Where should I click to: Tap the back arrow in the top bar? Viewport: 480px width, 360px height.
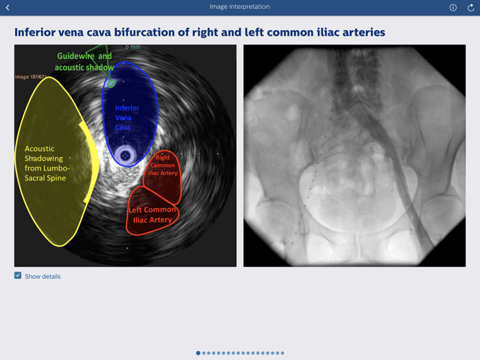click(x=8, y=8)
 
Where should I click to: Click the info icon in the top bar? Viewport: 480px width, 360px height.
click(x=453, y=8)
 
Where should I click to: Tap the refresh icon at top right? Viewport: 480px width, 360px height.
click(x=471, y=8)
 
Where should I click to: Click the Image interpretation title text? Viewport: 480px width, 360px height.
click(x=239, y=7)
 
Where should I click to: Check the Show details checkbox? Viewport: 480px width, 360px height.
click(x=18, y=276)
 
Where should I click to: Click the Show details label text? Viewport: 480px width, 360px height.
click(x=43, y=276)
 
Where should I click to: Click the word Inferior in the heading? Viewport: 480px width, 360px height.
click(x=39, y=32)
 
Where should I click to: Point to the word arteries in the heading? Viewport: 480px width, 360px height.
click(x=361, y=32)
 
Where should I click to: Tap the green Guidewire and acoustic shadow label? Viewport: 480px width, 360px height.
click(x=83, y=62)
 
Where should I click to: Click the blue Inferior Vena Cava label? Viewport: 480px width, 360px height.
click(x=127, y=117)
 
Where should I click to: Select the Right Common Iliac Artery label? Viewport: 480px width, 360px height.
click(x=164, y=165)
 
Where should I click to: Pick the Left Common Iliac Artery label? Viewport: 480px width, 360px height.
click(x=152, y=215)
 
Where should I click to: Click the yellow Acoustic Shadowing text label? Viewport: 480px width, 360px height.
click(x=49, y=163)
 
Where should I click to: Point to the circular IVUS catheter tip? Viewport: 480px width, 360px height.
click(x=125, y=156)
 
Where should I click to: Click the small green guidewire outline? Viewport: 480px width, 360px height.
click(x=110, y=83)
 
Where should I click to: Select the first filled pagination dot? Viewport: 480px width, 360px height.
click(x=198, y=353)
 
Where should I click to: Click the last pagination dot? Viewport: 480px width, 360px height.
click(x=282, y=353)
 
